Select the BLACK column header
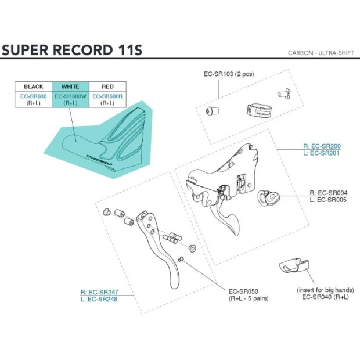point(33,87)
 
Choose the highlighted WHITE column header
point(70,87)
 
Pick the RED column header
point(107,87)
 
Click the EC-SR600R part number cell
point(107,96)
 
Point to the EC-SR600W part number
point(70,96)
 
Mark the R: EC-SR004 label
point(328,193)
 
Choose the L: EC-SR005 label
point(328,200)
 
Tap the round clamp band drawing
point(255,109)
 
